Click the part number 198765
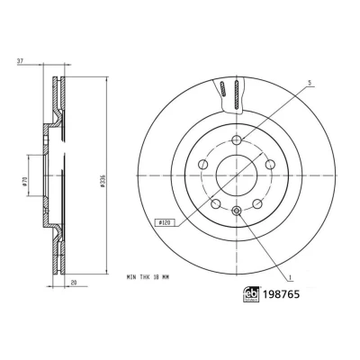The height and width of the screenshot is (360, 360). point(281,294)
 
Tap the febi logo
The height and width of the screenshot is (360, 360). point(251,295)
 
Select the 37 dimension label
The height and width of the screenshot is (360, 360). point(20,61)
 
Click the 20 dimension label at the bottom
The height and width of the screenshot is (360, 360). point(74,282)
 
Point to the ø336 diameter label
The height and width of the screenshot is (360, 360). point(103,181)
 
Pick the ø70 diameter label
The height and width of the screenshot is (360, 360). point(25,181)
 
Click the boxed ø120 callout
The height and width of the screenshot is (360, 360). point(164,222)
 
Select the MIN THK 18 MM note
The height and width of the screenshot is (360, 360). point(148,277)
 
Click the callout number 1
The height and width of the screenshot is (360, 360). point(290,277)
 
